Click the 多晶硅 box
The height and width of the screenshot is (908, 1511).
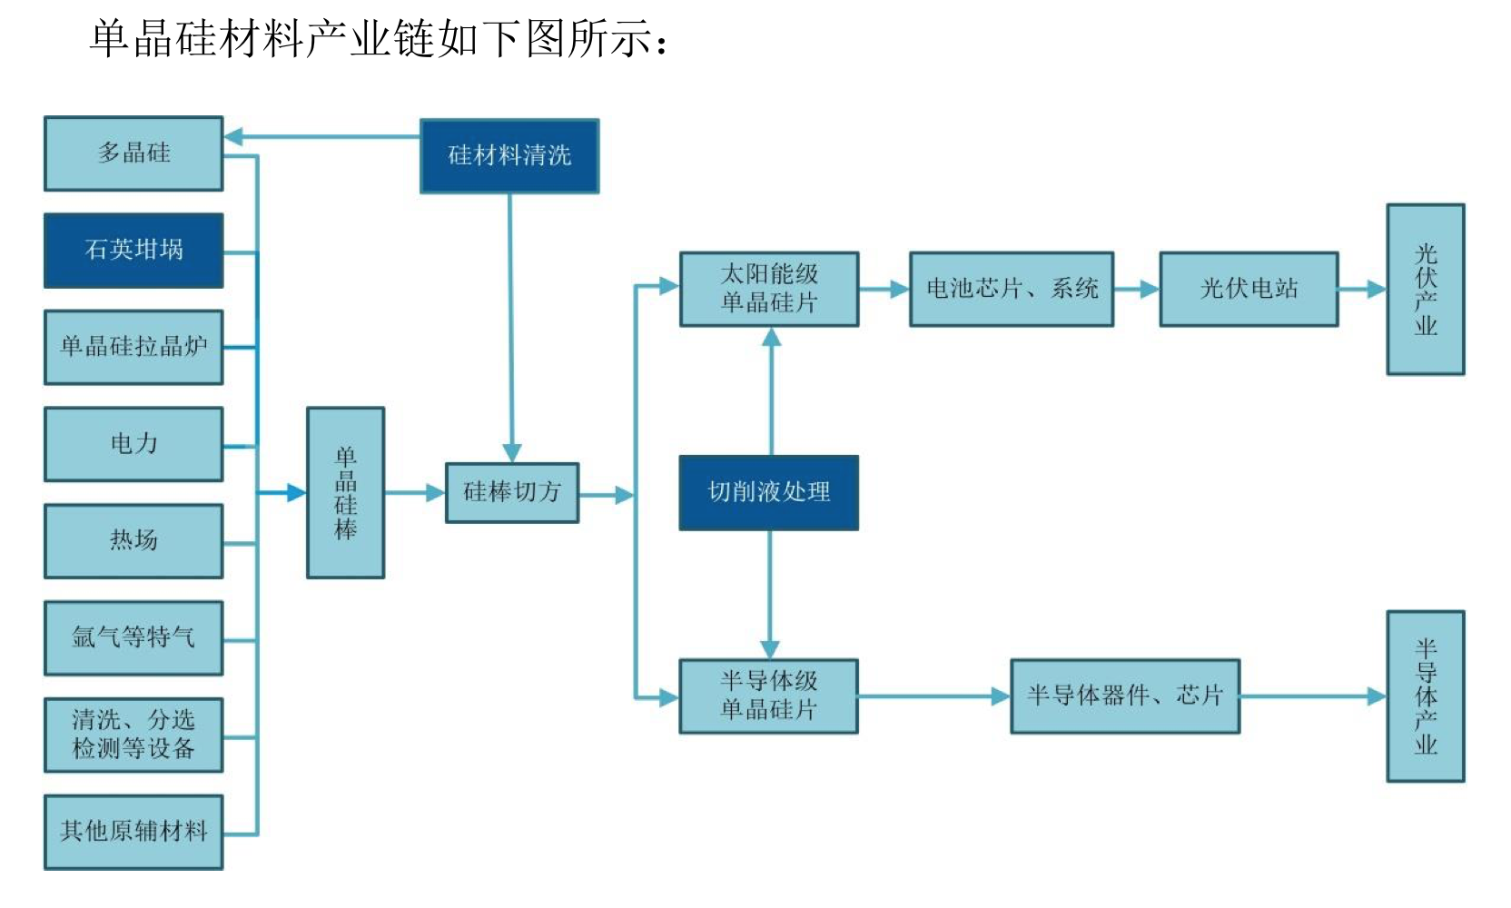133,153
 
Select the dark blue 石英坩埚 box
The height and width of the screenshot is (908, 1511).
133,250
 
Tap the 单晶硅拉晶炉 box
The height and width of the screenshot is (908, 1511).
133,347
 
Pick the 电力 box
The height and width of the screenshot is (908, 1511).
133,444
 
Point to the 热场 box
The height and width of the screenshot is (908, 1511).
133,541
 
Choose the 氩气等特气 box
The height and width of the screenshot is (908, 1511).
133,637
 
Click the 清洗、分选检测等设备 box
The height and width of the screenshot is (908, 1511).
133,735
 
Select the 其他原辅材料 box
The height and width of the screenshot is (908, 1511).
133,832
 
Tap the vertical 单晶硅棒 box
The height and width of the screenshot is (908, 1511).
345,492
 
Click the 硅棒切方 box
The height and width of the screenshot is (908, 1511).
512,492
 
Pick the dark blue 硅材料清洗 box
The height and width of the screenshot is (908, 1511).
509,156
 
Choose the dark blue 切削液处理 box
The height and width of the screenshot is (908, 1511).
769,492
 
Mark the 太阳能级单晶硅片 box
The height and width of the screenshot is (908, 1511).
769,289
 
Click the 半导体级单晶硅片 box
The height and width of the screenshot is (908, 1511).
769,696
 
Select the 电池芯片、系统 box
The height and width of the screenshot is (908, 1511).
1012,289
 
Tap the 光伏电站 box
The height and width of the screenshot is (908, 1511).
1249,289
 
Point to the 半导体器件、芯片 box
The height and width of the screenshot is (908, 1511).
1125,696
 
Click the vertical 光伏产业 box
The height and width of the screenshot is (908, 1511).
1425,289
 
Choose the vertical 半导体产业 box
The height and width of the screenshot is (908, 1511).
1425,696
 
